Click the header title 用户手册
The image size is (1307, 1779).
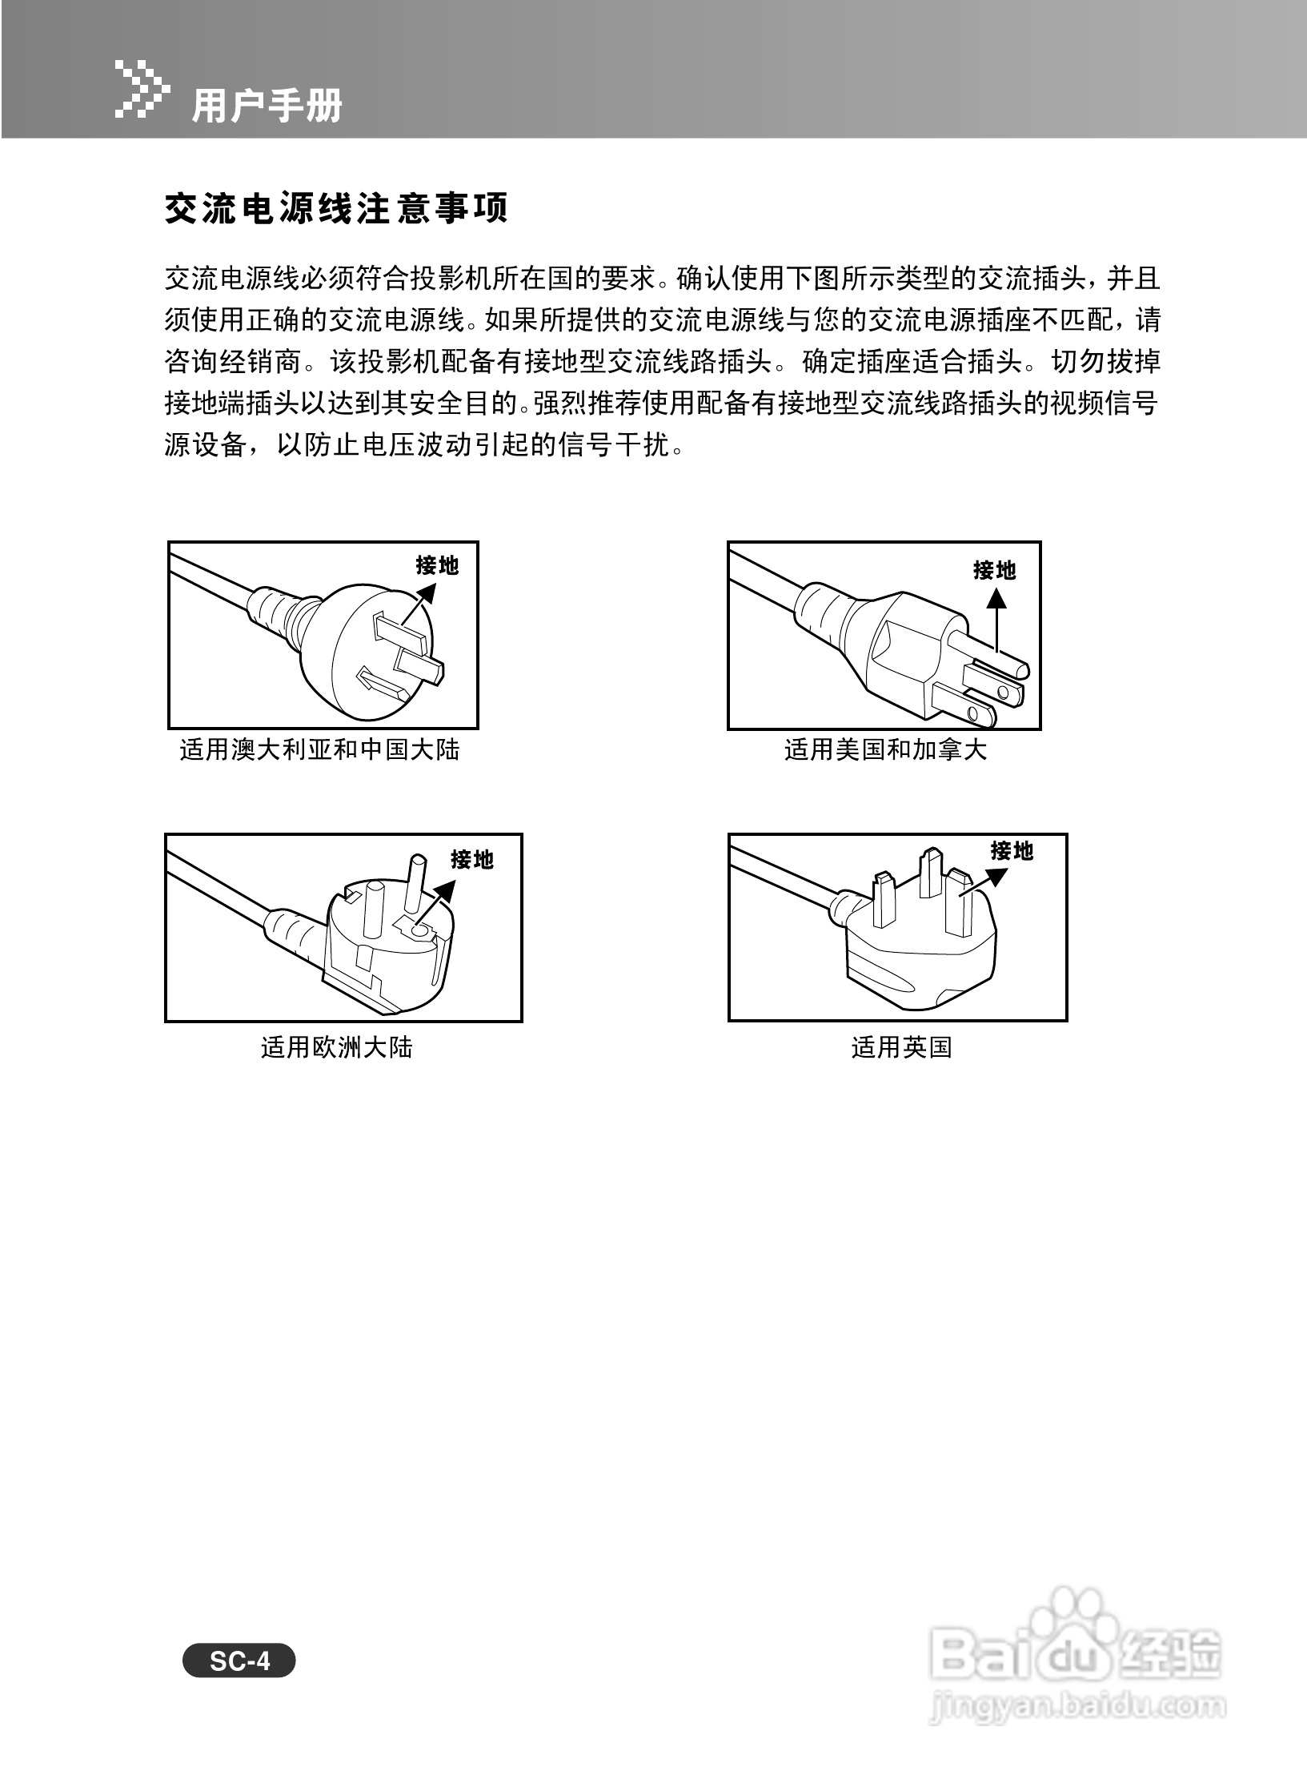click(x=267, y=106)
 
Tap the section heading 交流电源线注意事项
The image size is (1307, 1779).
click(x=336, y=209)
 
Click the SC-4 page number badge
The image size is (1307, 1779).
click(x=239, y=1662)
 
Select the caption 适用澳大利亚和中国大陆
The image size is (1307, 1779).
click(x=320, y=750)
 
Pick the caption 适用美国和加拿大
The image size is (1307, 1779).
click(x=885, y=750)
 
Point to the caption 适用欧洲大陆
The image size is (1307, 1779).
click(x=336, y=1047)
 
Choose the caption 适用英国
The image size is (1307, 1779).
click(x=901, y=1047)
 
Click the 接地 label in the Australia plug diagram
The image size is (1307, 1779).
click(x=437, y=565)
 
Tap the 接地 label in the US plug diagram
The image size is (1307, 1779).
click(x=995, y=570)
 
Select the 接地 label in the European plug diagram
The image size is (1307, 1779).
click(x=472, y=860)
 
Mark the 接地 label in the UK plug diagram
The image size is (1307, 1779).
click(x=1012, y=850)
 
